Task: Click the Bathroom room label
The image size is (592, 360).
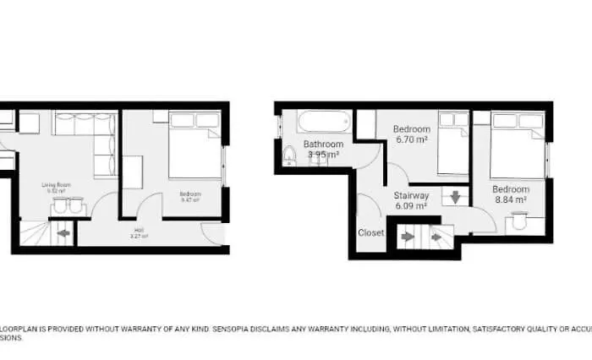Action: click(x=323, y=145)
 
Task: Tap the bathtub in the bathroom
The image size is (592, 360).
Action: click(x=322, y=123)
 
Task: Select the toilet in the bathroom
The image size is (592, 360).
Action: click(x=289, y=155)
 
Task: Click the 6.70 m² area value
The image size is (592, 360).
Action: click(x=410, y=139)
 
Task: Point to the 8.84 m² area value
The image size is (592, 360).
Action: click(x=511, y=200)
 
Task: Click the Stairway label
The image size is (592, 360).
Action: click(x=411, y=195)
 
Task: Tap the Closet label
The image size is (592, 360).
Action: click(x=371, y=232)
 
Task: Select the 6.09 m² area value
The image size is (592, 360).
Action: click(x=411, y=205)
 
